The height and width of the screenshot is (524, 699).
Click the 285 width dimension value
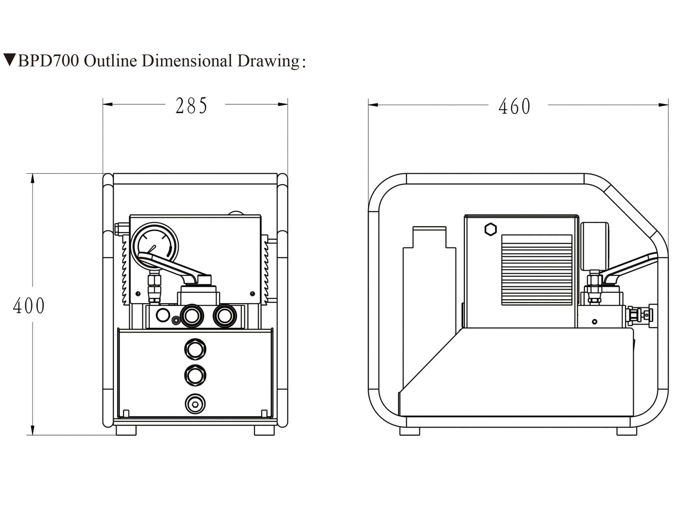coord(191,105)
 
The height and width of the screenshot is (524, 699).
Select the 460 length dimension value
coord(514,106)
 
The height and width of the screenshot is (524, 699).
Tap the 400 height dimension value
coord(29,306)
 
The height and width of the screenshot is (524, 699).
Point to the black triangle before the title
coord(10,60)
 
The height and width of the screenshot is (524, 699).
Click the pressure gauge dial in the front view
coord(155,245)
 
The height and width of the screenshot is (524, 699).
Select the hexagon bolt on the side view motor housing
coord(490,230)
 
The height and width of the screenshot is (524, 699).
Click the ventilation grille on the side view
coord(537,270)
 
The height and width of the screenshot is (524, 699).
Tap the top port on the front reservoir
coord(195,349)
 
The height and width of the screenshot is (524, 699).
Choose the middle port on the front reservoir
coord(195,375)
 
